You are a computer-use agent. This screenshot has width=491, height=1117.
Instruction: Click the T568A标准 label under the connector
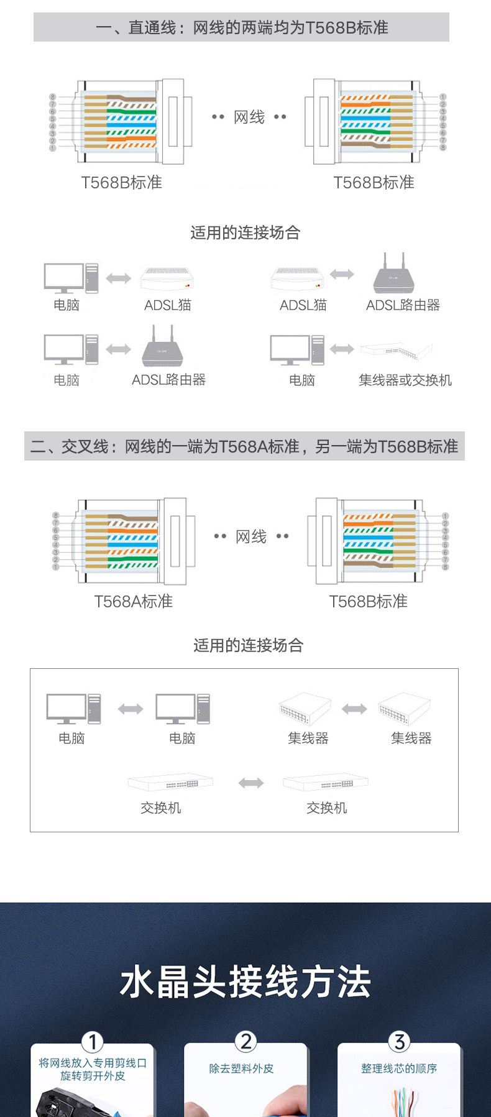[133, 601]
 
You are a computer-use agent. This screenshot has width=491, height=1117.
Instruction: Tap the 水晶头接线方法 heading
[245, 982]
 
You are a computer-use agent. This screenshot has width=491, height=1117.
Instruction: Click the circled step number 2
[245, 1041]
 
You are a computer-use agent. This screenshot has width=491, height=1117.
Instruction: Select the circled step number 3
[399, 1041]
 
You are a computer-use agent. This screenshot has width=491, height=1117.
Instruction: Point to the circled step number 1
[92, 1041]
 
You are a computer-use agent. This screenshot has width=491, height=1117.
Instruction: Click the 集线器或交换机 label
[405, 380]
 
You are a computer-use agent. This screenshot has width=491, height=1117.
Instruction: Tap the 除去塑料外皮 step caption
[241, 1069]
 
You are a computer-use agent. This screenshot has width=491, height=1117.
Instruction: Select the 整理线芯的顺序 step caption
[399, 1069]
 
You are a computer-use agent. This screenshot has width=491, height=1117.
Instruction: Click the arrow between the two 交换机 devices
[251, 783]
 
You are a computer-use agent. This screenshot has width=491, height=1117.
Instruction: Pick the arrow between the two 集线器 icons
[354, 709]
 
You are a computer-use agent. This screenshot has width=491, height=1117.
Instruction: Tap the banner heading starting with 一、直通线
[241, 27]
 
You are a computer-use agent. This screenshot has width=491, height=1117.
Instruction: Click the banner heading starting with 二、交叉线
[244, 446]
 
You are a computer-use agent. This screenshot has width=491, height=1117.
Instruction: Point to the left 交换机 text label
[160, 807]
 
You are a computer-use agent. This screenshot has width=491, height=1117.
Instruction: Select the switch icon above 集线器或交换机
[396, 351]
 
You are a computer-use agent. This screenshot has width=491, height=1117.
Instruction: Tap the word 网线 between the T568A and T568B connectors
[251, 536]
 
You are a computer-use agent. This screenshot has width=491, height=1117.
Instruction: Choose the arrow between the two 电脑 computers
[131, 709]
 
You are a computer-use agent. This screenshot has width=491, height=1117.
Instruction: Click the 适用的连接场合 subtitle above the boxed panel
[248, 645]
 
